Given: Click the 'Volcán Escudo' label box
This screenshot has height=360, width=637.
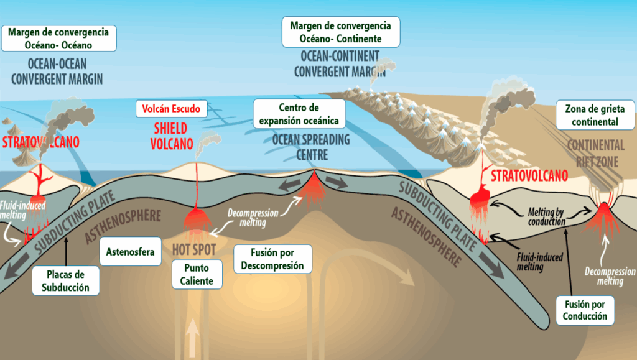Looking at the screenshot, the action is click(x=172, y=109).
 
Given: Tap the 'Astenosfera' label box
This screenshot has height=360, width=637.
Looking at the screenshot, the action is click(x=131, y=252).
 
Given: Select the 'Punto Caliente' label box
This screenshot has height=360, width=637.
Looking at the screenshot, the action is click(x=197, y=274).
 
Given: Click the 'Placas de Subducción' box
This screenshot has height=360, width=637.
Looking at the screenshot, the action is click(x=65, y=281).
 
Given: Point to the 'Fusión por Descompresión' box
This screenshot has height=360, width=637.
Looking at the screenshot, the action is click(x=272, y=259).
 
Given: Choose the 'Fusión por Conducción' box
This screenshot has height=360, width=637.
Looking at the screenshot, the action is click(x=585, y=310).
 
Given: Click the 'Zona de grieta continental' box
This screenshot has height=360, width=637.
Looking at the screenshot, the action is click(x=595, y=115).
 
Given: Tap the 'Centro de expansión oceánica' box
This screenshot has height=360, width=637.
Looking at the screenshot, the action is click(x=299, y=114).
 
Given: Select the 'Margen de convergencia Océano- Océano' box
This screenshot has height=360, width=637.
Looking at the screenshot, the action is click(x=58, y=39).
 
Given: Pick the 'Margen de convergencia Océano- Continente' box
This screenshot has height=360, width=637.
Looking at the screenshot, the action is click(x=340, y=32).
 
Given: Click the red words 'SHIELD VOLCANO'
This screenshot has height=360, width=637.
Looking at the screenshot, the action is click(x=172, y=136).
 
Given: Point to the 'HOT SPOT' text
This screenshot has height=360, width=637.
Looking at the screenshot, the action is click(x=194, y=249).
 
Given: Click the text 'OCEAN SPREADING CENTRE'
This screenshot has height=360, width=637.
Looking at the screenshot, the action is click(x=311, y=147).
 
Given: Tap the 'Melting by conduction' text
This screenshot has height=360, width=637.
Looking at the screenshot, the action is click(x=546, y=217).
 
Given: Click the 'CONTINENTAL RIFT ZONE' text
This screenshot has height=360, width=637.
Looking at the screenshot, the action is click(x=596, y=154).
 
